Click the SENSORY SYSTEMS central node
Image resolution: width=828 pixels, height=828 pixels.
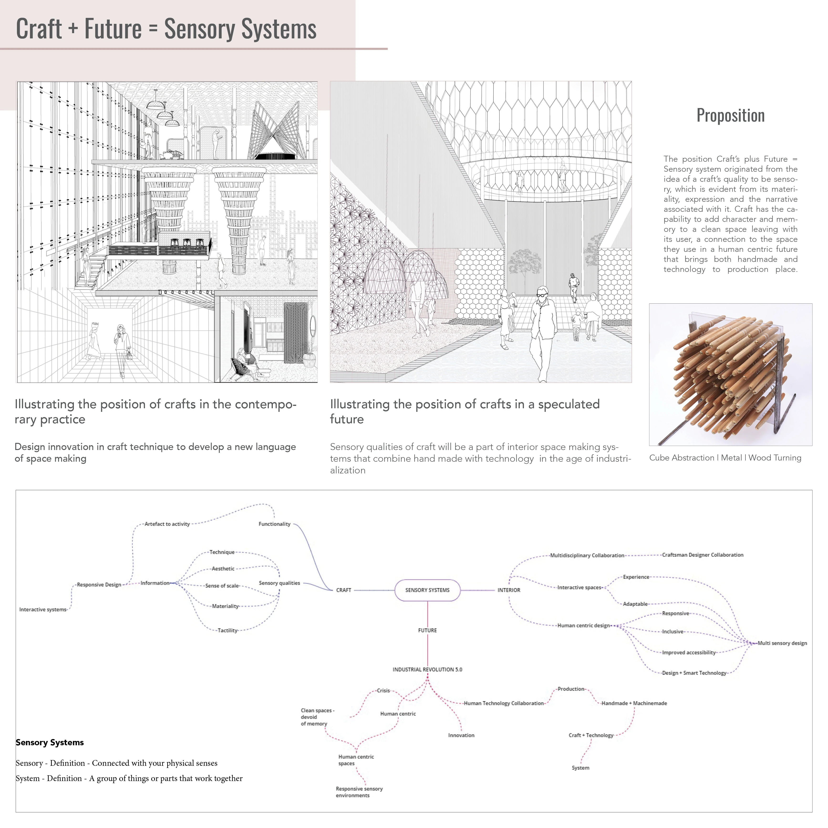[x=427, y=590]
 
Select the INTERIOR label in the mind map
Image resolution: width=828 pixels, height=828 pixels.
[x=509, y=590]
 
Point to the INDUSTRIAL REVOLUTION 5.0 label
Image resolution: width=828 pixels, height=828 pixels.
[x=427, y=669]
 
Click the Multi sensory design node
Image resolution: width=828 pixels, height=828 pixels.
[x=782, y=643]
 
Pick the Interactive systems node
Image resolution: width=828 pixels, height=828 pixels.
[x=43, y=609]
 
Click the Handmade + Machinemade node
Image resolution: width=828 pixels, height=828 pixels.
[x=634, y=703]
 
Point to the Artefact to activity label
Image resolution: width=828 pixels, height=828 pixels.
[x=167, y=524]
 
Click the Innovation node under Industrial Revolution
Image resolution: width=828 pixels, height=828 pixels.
[x=461, y=735]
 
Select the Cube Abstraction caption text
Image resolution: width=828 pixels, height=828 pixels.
[x=725, y=458]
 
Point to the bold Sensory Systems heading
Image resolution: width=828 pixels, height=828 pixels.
[x=50, y=743]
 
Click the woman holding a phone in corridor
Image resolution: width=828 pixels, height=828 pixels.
[x=122, y=349]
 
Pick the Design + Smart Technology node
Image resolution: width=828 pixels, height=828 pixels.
[x=694, y=673]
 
